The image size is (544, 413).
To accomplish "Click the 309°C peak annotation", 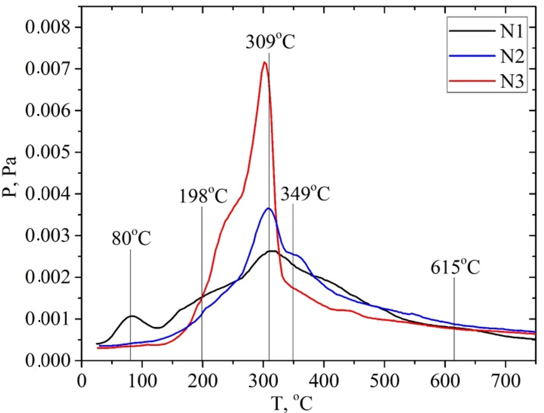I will (x=270, y=42).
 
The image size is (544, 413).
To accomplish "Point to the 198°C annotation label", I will (x=203, y=196).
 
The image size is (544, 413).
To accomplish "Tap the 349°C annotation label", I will (x=305, y=194).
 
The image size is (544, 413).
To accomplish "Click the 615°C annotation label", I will (x=455, y=268).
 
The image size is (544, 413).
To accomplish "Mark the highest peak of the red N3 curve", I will (x=265, y=62).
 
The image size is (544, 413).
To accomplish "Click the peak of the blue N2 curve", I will (x=268, y=208).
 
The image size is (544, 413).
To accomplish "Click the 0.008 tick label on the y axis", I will (x=48, y=27).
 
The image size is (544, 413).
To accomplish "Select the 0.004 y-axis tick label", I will (x=48, y=194).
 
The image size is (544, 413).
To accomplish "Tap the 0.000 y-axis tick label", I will (x=48, y=361).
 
